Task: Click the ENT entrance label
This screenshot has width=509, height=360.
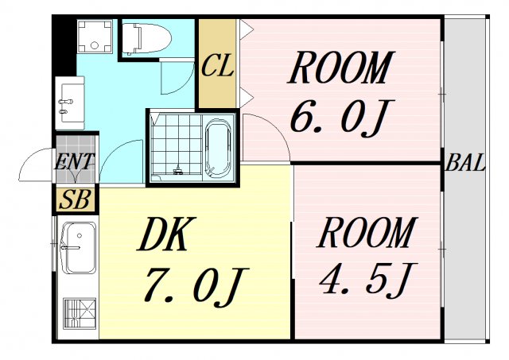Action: click(x=74, y=163)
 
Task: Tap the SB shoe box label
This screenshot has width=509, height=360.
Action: click(x=75, y=199)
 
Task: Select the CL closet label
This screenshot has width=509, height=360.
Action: click(x=217, y=66)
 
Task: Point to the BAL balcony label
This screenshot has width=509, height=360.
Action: click(x=464, y=165)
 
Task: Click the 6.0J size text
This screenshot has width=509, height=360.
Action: click(x=337, y=118)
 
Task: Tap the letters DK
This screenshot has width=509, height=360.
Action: click(x=166, y=236)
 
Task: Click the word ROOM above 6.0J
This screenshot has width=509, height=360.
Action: click(x=340, y=68)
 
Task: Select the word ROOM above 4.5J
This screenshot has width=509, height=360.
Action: click(x=366, y=233)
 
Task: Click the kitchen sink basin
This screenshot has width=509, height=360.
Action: click(x=78, y=247)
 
